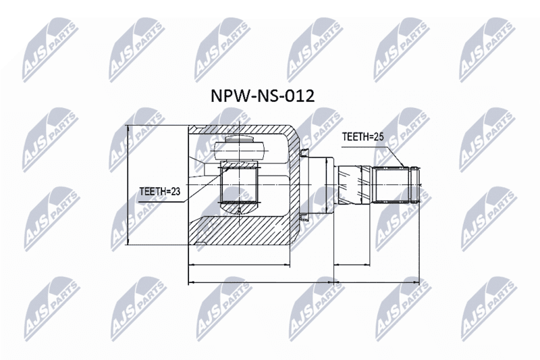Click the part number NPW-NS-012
click(x=263, y=96)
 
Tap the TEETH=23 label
click(x=160, y=192)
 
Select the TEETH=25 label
click(x=362, y=137)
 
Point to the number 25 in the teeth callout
click(x=378, y=137)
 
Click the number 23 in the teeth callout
click(x=175, y=192)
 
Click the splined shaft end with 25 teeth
click(x=396, y=184)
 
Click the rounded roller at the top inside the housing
click(x=240, y=151)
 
